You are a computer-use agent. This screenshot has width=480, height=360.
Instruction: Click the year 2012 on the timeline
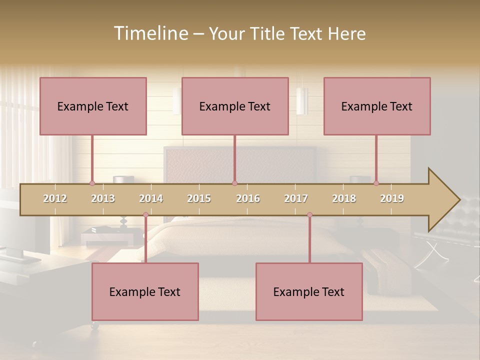point(55,198)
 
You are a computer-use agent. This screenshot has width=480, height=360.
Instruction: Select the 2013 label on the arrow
point(103,198)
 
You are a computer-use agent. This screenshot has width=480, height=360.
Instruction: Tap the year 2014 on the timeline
point(151,198)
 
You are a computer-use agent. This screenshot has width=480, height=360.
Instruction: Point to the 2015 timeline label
point(199,198)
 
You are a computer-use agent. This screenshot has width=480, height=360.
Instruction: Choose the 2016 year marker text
point(248,198)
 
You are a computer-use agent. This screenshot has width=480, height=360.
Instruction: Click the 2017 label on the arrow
point(296,198)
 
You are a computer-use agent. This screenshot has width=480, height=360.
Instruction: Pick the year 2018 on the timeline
point(344,198)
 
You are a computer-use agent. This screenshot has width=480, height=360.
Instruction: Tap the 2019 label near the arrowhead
point(392,198)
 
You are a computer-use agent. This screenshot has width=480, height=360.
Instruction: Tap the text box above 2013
point(93,106)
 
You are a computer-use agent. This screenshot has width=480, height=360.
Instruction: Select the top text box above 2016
point(235,106)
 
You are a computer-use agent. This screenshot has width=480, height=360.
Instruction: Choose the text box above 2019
point(377,106)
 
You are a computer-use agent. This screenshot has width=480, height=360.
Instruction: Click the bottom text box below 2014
point(145,291)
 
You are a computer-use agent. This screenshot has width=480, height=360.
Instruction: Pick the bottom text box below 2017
point(309,291)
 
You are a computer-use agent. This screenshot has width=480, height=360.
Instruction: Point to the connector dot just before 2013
point(92,183)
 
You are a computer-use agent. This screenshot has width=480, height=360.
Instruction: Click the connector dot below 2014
point(145,215)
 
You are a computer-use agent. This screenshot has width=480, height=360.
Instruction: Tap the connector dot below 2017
point(309,215)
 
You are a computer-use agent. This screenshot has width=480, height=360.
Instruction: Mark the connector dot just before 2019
point(376,183)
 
